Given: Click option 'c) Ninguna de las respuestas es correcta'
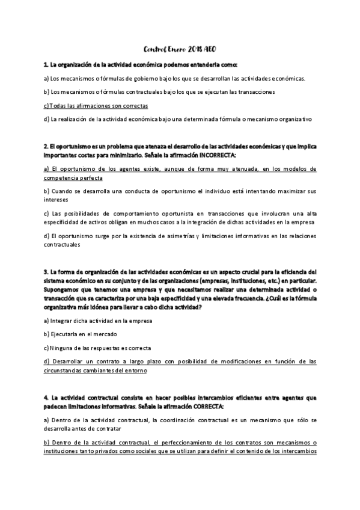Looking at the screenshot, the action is tap(97, 348).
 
